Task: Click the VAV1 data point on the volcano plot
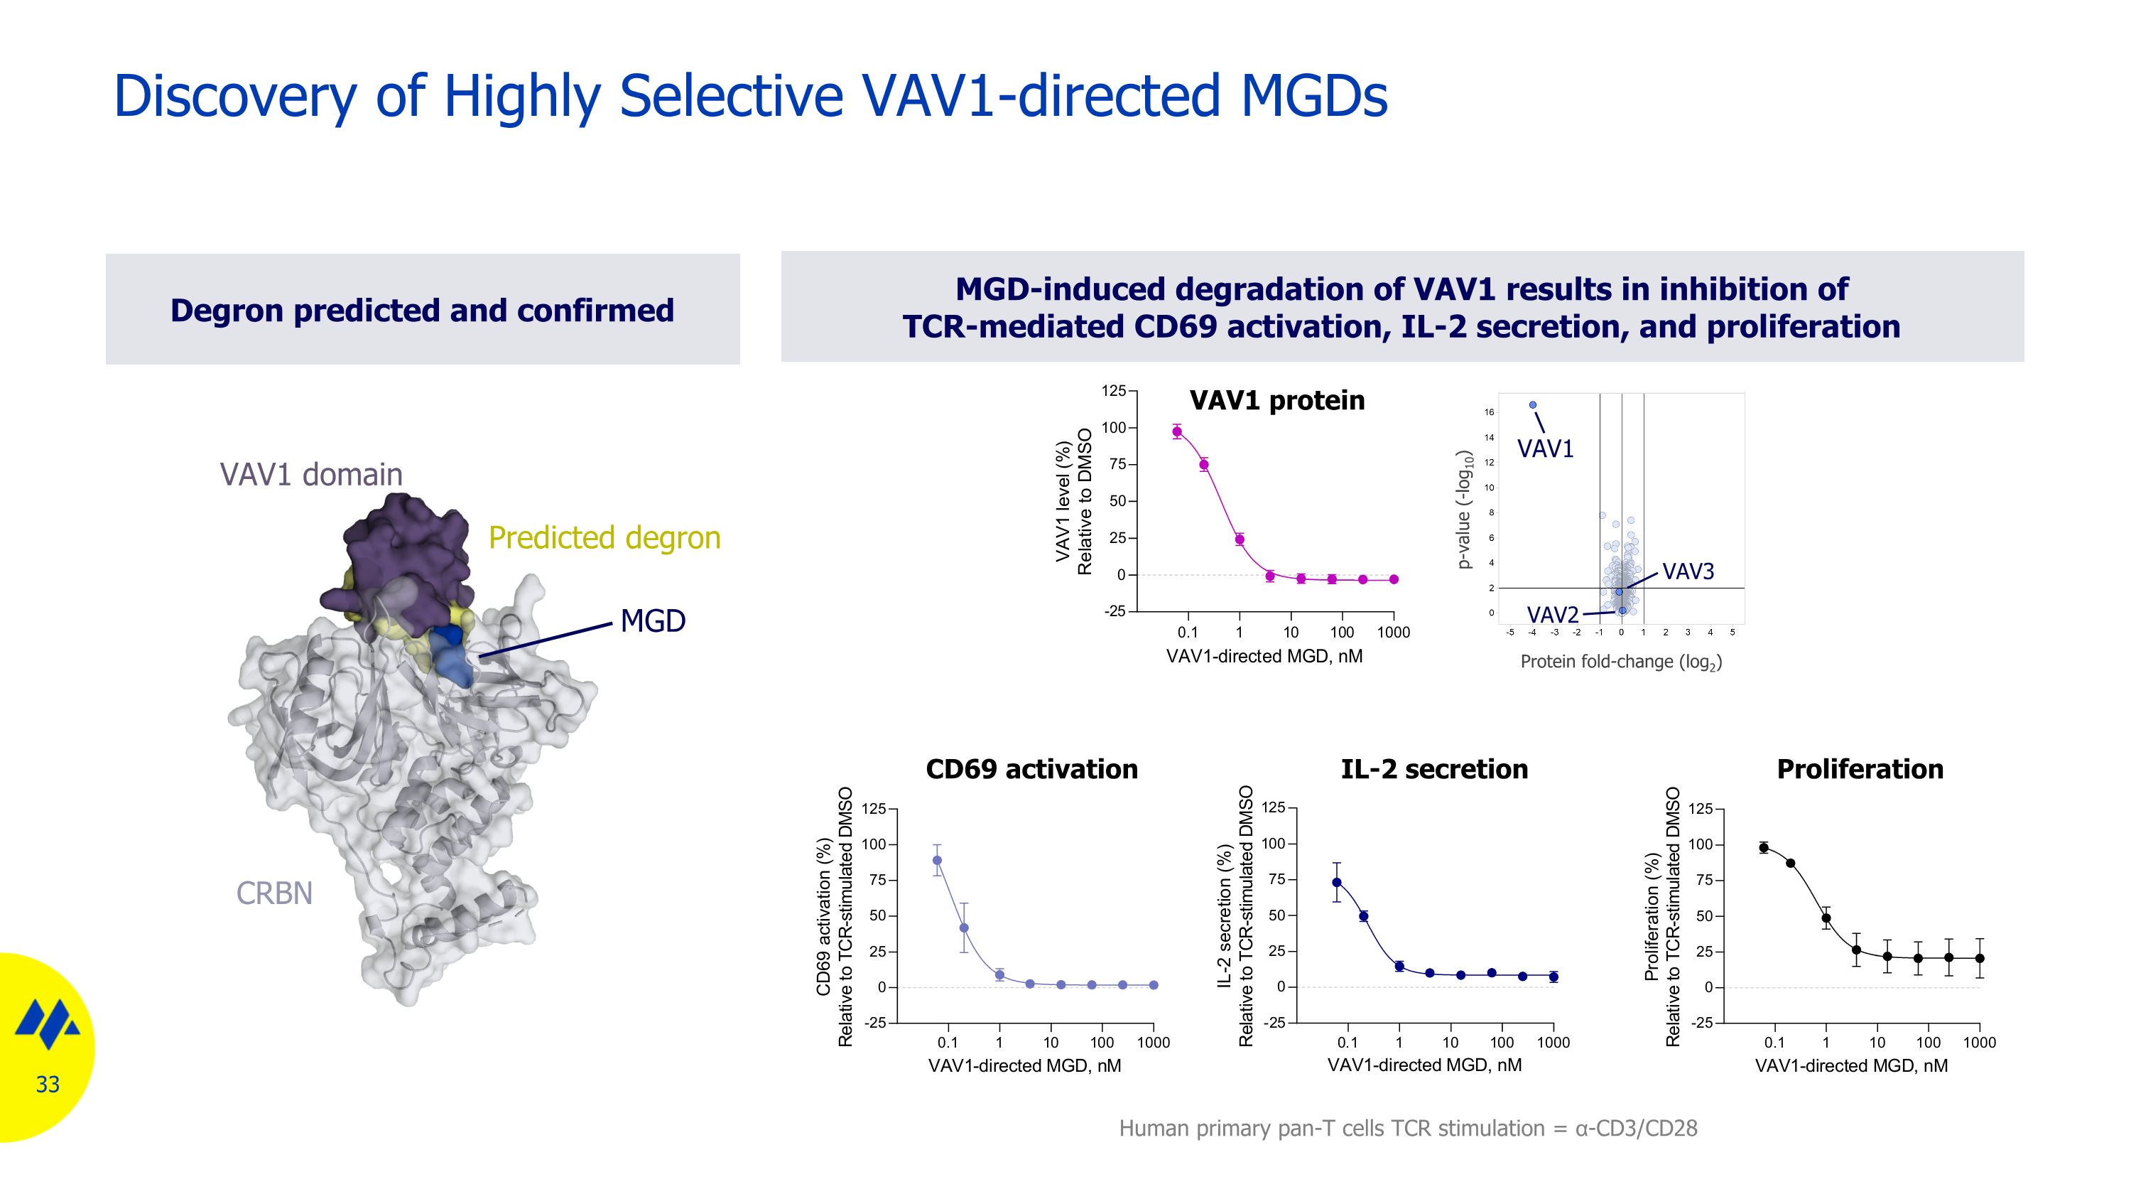(1532, 404)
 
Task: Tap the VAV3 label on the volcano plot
(1688, 571)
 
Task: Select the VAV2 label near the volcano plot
(1552, 615)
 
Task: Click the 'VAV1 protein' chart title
(1276, 400)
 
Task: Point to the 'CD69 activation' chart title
(1031, 770)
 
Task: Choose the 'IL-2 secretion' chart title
(1433, 770)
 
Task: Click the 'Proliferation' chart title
(1860, 770)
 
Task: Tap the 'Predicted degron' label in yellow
(604, 538)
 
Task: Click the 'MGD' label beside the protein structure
(653, 621)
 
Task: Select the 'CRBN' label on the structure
(273, 893)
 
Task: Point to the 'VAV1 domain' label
(311, 475)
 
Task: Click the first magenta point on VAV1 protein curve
(1177, 431)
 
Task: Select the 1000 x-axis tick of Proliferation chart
(1979, 1043)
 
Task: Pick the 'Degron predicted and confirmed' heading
(422, 311)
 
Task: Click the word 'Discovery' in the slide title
(235, 96)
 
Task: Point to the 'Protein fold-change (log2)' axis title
(1620, 662)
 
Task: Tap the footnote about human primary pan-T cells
(1407, 1129)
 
